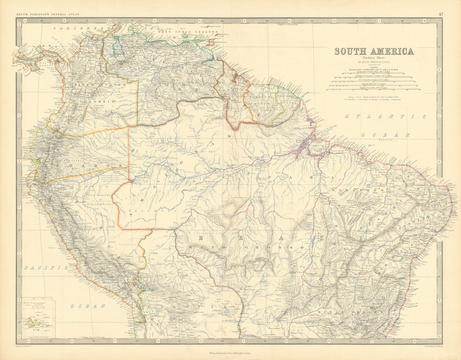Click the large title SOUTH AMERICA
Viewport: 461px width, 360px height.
point(374,51)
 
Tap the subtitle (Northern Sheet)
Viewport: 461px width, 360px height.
point(374,57)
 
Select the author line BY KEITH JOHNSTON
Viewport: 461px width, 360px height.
point(374,61)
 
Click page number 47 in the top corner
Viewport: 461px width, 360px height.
point(441,14)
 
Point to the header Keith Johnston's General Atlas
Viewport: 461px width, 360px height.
point(48,14)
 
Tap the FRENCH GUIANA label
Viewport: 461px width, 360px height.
point(285,99)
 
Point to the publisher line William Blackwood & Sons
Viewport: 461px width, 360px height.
point(231,353)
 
